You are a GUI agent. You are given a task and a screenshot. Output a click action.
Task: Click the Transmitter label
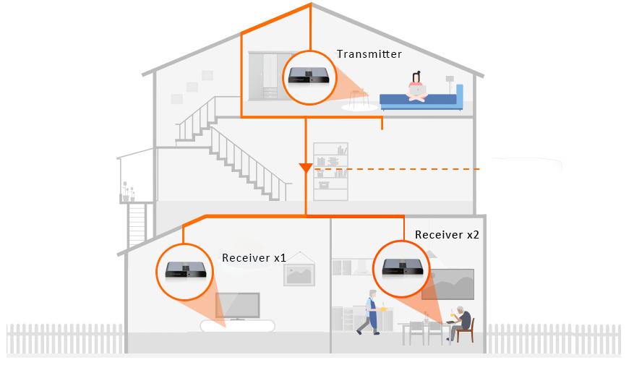pos(369,54)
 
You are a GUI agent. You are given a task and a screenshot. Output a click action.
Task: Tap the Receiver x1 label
pos(254,258)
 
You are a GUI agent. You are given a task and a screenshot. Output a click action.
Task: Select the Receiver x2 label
pos(447,235)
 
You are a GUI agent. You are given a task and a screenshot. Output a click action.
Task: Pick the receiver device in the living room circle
pos(185,270)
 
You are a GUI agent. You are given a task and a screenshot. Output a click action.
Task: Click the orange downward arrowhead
pos(305,168)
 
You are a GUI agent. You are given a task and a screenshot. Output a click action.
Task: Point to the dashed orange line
pos(398,169)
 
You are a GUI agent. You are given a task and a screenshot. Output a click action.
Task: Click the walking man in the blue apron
pos(372,312)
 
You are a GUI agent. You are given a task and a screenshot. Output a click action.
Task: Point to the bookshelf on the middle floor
pos(330,171)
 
